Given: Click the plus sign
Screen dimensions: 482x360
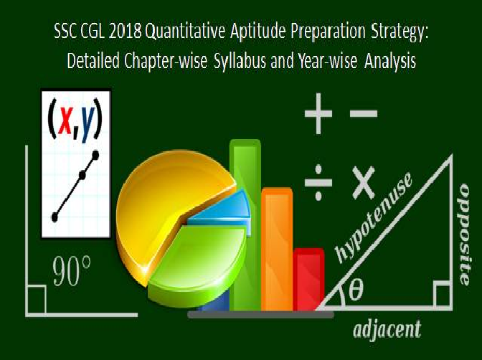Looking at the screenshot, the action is pyautogui.click(x=318, y=113).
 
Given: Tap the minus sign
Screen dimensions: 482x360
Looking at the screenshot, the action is pyautogui.click(x=364, y=113).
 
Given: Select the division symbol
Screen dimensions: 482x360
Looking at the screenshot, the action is pyautogui.click(x=318, y=183).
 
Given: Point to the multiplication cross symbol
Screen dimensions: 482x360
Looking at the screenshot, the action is pyautogui.click(x=364, y=183).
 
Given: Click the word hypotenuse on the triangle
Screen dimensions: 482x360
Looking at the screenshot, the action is pyautogui.click(x=373, y=218).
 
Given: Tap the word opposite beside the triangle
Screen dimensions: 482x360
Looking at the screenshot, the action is pyautogui.click(x=464, y=235).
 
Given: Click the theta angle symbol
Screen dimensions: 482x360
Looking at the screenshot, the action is pyautogui.click(x=356, y=289).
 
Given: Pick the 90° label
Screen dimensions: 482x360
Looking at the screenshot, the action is pyautogui.click(x=72, y=271).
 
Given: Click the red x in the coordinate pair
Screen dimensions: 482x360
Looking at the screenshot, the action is pyautogui.click(x=65, y=120).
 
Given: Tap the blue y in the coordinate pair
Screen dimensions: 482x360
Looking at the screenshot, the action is pyautogui.click(x=88, y=123).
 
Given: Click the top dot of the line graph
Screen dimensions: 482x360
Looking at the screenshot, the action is pyautogui.click(x=95, y=155).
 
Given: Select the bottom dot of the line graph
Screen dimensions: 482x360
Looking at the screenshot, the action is pyautogui.click(x=55, y=217).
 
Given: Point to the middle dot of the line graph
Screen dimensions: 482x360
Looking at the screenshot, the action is pyautogui.click(x=82, y=176).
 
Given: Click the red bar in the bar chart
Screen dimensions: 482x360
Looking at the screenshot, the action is pyautogui.click(x=308, y=280).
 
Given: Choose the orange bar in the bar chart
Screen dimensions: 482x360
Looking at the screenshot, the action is pyautogui.click(x=277, y=250).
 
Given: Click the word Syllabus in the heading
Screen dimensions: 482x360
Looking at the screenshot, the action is pyautogui.click(x=240, y=61).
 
